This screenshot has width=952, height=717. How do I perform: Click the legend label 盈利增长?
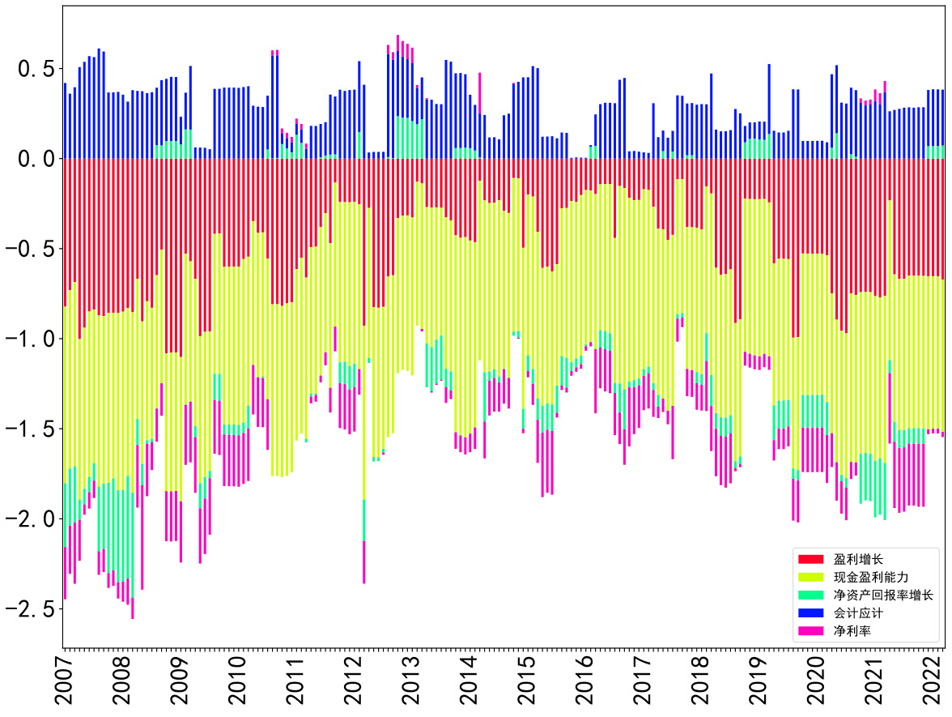point(861,559)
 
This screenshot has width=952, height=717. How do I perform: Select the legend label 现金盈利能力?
point(872,577)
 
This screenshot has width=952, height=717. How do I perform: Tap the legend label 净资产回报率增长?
point(883,595)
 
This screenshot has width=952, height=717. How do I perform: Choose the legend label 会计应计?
point(861,612)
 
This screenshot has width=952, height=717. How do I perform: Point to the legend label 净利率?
point(855,630)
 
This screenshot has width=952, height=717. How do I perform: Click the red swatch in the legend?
point(810,559)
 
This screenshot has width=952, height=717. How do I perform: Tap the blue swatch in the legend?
point(810,612)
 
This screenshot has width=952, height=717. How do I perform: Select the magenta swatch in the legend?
point(810,630)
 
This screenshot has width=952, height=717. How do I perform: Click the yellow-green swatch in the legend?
point(810,577)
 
